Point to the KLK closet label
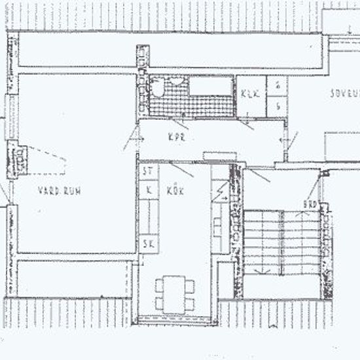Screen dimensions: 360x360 tap(250, 94)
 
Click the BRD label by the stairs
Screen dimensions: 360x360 tap(310, 205)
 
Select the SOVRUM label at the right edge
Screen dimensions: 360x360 tap(344, 94)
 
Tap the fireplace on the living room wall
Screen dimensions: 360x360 tap(18, 159)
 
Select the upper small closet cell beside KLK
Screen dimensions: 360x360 tap(278, 85)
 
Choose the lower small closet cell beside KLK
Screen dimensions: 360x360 tap(278, 105)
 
